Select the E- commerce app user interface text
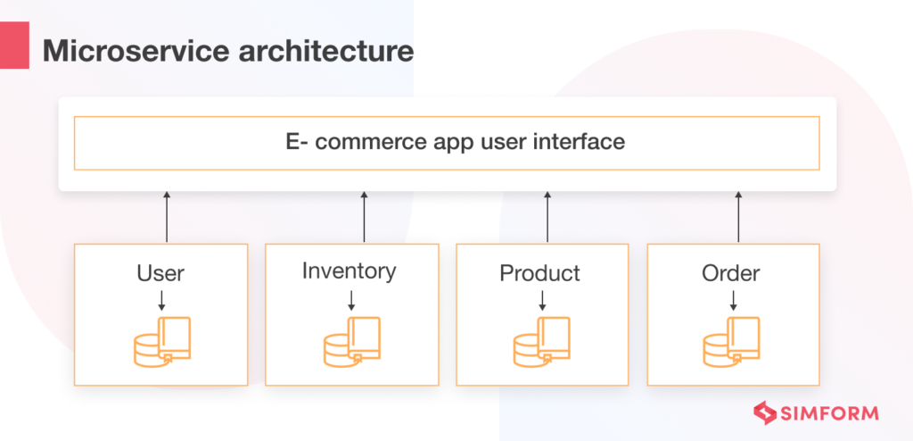pyautogui.click(x=447, y=142)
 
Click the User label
pyautogui.click(x=160, y=272)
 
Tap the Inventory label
pyautogui.click(x=350, y=270)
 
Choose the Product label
pyautogui.click(x=540, y=272)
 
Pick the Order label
pyautogui.click(x=731, y=272)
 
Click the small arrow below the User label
pyautogui.click(x=160, y=298)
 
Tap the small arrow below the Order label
pyautogui.click(x=732, y=298)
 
